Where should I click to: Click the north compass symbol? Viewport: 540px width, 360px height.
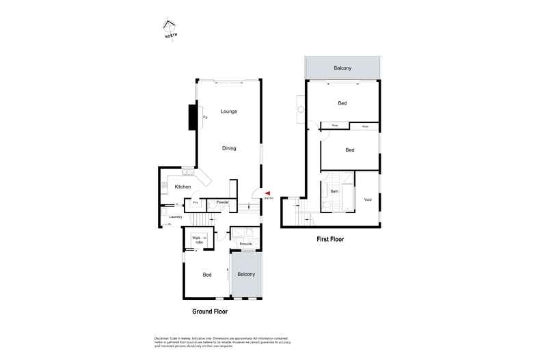point(169,29)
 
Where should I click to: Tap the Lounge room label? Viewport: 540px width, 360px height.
point(229,111)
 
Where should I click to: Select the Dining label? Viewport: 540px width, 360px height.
point(229,148)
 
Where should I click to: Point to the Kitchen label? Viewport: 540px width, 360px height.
point(183,186)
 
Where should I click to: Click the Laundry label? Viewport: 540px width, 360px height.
point(176,217)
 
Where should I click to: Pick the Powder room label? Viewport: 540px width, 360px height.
point(222,203)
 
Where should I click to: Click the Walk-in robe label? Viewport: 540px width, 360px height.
point(200,240)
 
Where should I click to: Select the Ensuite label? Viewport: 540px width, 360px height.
point(245,244)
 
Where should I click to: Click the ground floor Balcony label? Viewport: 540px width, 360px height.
point(246,274)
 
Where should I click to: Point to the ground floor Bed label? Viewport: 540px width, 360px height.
point(206,275)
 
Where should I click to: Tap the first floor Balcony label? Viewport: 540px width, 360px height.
point(342,68)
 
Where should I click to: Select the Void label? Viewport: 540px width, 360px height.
point(368,199)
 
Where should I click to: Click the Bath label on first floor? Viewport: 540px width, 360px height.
point(335,192)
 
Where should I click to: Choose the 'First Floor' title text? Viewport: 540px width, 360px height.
point(329,240)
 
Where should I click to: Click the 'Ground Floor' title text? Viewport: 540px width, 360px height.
point(209,311)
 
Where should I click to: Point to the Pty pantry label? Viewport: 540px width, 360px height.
point(195,203)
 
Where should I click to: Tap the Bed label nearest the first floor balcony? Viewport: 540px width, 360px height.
point(342,103)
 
